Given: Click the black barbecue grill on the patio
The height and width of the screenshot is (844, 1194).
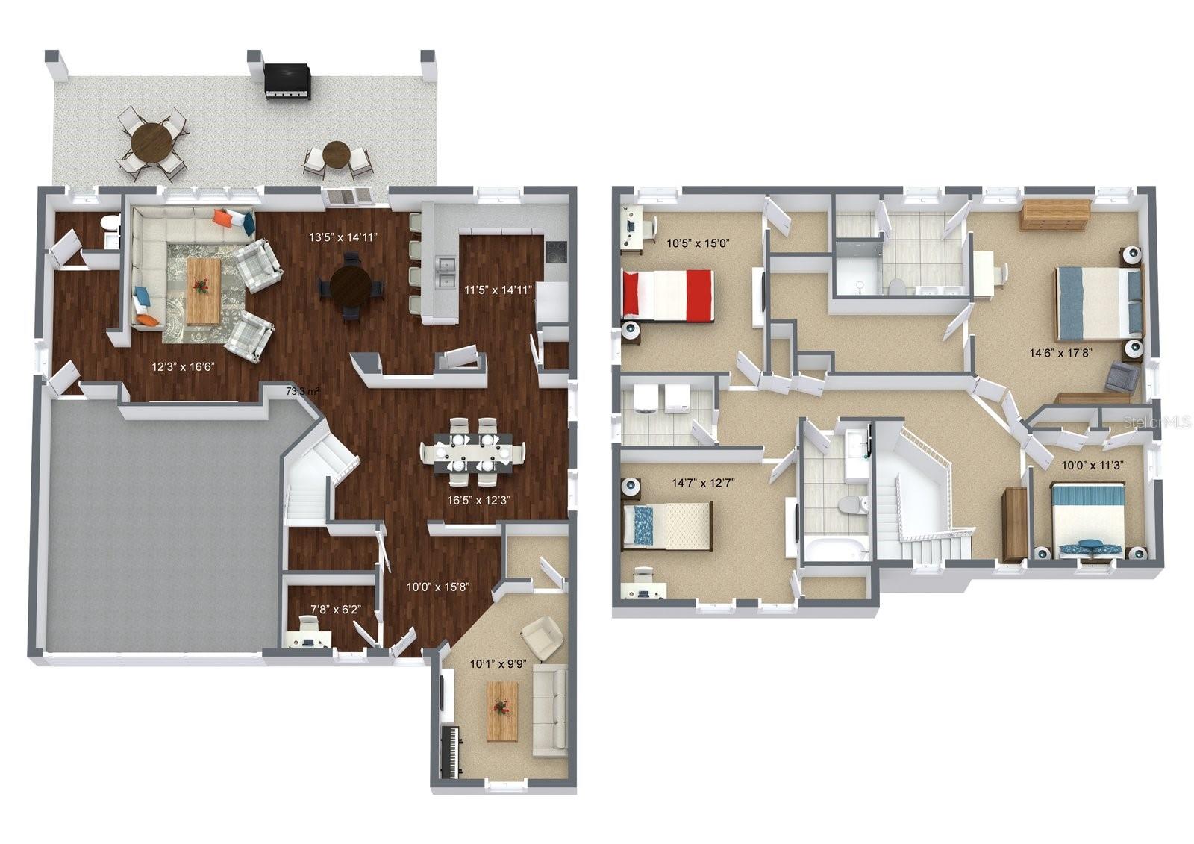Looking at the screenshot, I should (x=287, y=81).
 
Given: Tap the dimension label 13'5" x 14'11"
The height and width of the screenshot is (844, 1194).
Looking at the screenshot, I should (x=344, y=237).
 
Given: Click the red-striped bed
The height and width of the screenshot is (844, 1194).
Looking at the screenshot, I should (x=668, y=296).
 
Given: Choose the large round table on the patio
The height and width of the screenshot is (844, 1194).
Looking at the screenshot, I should (x=151, y=142).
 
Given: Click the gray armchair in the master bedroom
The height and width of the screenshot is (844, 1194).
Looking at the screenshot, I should (x=1122, y=376).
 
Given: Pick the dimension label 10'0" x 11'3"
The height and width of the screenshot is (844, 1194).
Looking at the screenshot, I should (x=1093, y=464).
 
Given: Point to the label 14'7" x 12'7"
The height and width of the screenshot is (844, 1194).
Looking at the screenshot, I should (x=704, y=483).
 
